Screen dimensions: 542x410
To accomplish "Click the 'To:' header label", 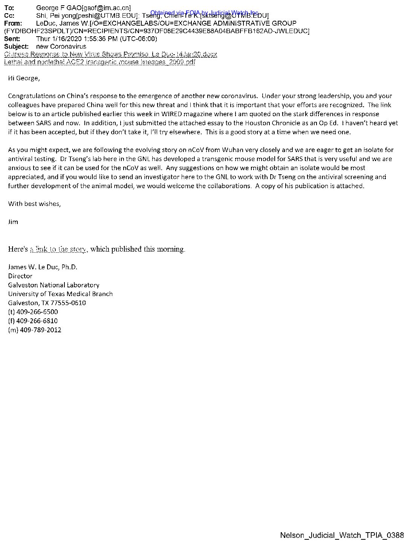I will pyautogui.click(x=9, y=8).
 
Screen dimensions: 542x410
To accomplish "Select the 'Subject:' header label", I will pyautogui.click(x=16, y=47).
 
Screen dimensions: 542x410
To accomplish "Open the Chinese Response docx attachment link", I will pyautogui.click(x=110, y=54).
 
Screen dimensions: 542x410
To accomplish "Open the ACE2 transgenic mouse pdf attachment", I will pyautogui.click(x=99, y=62).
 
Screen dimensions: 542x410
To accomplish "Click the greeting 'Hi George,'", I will pyautogui.click(x=24, y=78).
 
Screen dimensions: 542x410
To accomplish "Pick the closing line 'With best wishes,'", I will pyautogui.click(x=34, y=204).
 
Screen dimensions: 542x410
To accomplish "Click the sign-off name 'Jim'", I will pyautogui.click(x=13, y=222).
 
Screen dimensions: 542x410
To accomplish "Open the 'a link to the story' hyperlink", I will pyautogui.click(x=58, y=249).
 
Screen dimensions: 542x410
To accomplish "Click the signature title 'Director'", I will pyautogui.click(x=20, y=276).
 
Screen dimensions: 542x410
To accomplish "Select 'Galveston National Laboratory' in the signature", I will pyautogui.click(x=54, y=285).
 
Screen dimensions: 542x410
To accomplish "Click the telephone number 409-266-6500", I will pyautogui.click(x=37, y=312).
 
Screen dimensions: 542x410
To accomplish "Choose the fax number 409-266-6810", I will pyautogui.click(x=37, y=321).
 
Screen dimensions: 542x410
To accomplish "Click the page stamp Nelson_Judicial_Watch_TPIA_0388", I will pyautogui.click(x=342, y=536).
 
